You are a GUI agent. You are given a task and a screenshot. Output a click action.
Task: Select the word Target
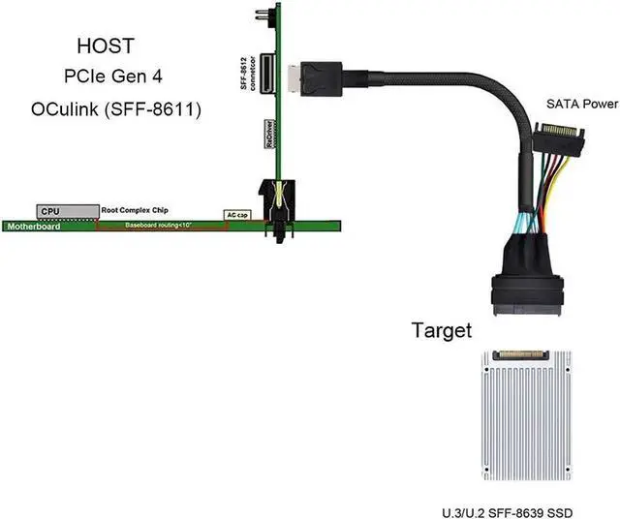click(x=442, y=331)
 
